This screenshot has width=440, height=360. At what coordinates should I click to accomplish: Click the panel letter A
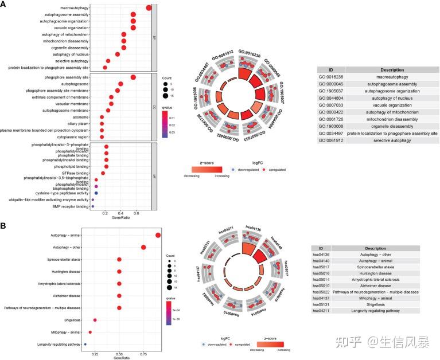[4, 5]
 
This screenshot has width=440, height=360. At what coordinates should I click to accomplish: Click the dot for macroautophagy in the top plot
[149, 7]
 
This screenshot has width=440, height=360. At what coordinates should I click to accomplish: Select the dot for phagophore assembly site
[133, 77]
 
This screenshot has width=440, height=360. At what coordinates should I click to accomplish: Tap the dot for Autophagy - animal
[158, 235]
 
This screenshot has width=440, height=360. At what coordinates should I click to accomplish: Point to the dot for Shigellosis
[95, 320]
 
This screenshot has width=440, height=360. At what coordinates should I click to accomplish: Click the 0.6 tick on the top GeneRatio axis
[136, 213]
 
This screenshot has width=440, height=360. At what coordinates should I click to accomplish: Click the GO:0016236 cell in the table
[330, 76]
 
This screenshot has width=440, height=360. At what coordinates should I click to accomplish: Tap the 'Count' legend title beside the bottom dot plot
[170, 255]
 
